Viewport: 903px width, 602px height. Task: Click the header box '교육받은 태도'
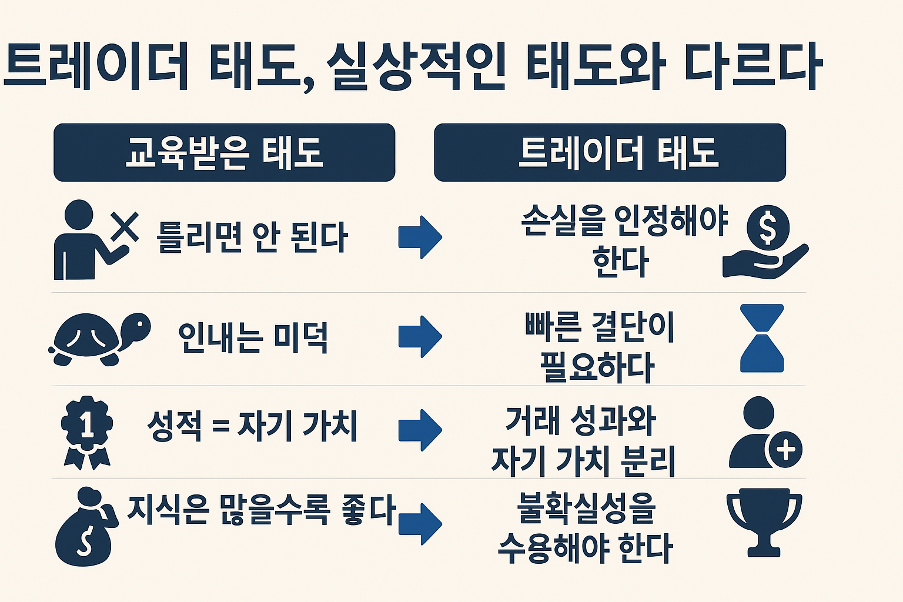(224, 152)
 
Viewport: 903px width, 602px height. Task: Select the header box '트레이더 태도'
(610, 152)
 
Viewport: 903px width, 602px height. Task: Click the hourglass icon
(762, 338)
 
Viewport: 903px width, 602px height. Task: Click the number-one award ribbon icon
(87, 432)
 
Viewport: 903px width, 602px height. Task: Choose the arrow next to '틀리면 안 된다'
(420, 238)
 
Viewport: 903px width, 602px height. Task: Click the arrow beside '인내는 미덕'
(420, 337)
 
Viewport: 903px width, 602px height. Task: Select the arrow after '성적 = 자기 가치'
(420, 430)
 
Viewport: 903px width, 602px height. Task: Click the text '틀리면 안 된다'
(252, 238)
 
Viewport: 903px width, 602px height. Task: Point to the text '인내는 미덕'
(253, 337)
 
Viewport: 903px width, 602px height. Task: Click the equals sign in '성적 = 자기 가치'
(220, 426)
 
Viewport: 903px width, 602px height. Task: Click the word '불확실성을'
(586, 507)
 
